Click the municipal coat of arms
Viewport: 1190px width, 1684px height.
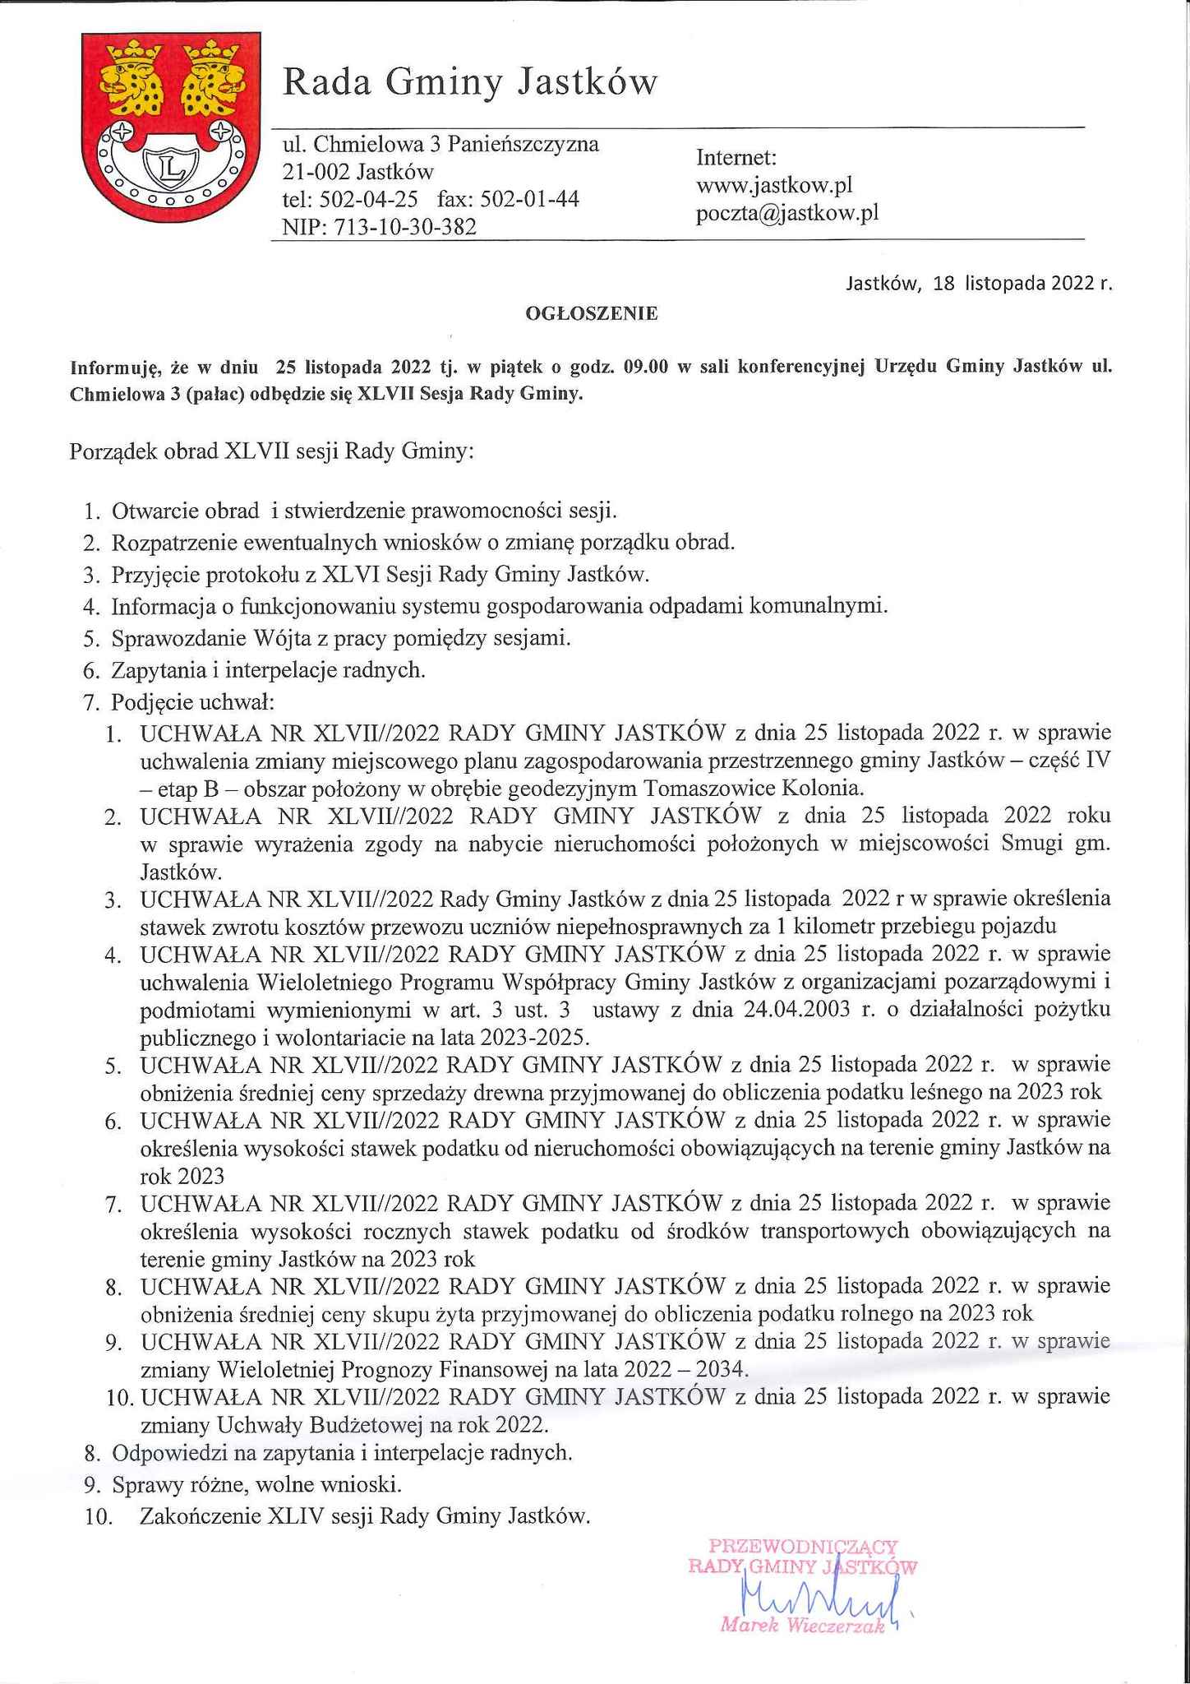(164, 127)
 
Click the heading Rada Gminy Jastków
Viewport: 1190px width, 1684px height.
(469, 82)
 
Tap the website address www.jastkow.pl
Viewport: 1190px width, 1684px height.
(774, 185)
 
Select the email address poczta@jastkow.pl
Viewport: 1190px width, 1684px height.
(787, 213)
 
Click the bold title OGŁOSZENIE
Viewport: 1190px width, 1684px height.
(592, 313)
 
